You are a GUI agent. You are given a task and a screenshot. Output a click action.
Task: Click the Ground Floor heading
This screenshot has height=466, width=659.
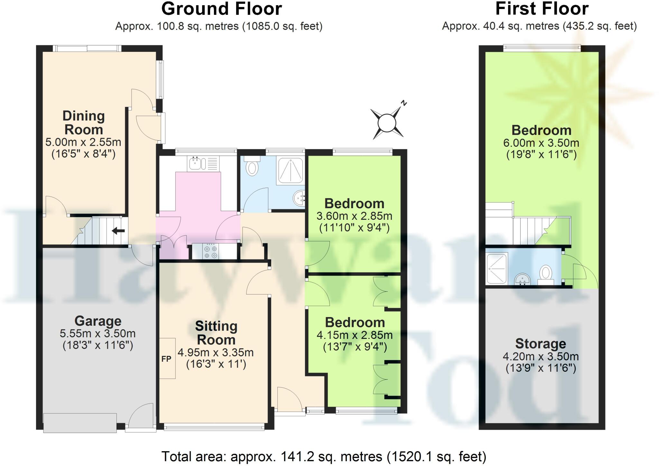click(221, 9)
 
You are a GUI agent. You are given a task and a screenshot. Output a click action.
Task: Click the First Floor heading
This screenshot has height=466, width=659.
click(542, 9)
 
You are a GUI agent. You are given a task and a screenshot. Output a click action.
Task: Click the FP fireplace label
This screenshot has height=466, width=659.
click(166, 359)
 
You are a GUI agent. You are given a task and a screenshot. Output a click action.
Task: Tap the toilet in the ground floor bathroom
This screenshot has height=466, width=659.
click(252, 166)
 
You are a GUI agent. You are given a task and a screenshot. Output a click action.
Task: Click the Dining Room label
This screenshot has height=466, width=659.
click(84, 123)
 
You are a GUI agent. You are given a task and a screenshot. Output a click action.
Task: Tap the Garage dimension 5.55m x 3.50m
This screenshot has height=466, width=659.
click(97, 333)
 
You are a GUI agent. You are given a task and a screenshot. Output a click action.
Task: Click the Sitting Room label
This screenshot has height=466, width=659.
click(216, 333)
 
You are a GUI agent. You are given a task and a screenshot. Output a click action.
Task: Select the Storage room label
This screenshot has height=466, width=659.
click(541, 343)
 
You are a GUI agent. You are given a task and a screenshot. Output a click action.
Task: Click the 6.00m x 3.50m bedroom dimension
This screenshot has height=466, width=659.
click(541, 143)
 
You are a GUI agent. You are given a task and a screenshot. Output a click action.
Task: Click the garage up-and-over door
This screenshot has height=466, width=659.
click(80, 423)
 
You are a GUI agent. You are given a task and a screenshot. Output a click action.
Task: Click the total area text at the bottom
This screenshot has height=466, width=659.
click(323, 456)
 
